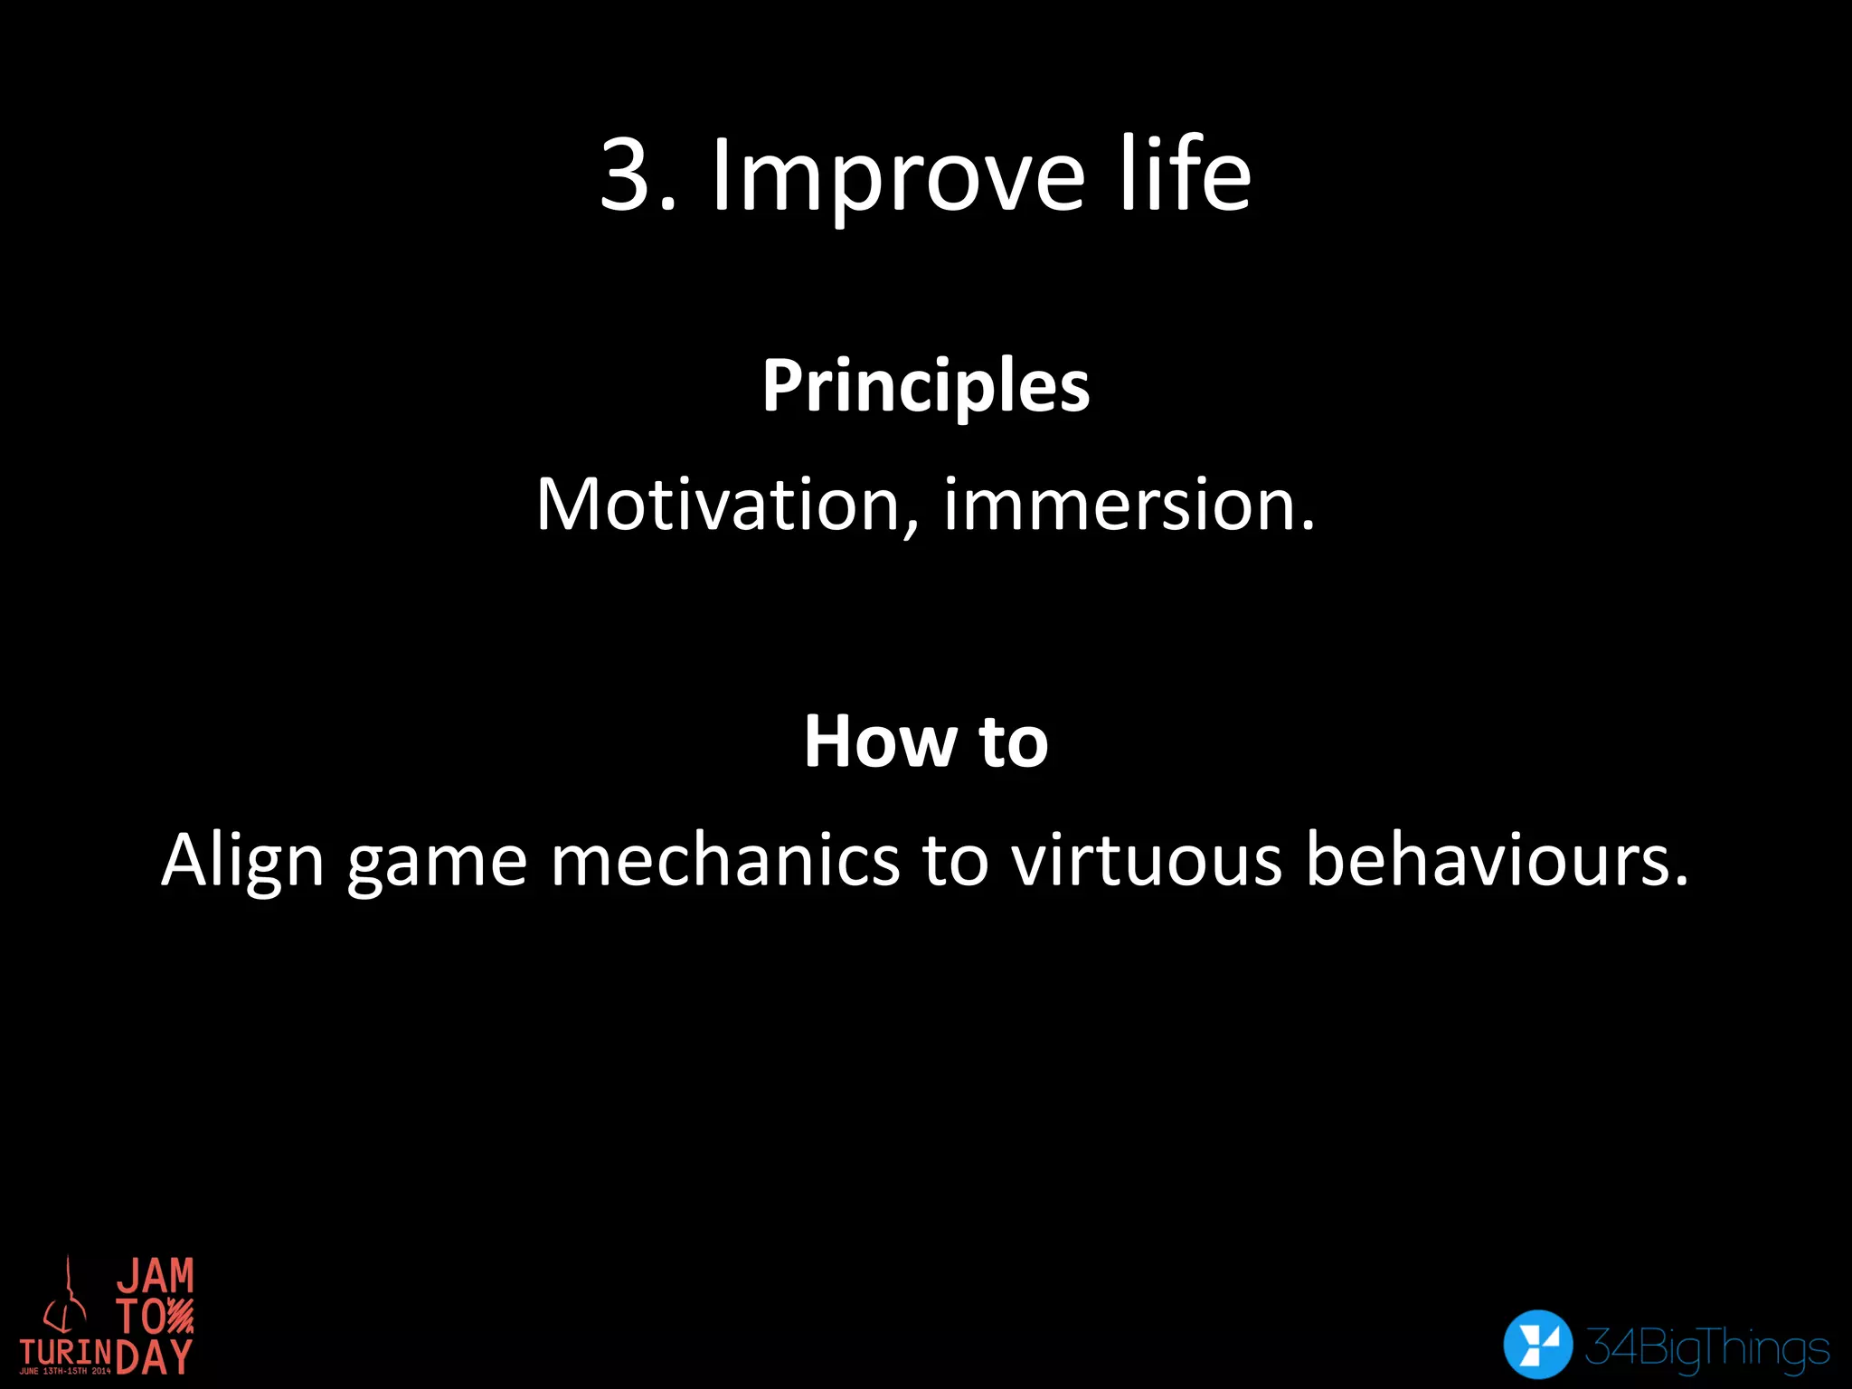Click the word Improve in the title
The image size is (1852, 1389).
coord(898,178)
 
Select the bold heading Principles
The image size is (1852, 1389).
coord(926,388)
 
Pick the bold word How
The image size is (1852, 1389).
coord(877,742)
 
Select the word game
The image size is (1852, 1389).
coord(438,866)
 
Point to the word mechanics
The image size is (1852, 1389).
coord(725,859)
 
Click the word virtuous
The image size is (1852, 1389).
coord(1147,859)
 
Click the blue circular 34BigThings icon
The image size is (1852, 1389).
coord(1537,1344)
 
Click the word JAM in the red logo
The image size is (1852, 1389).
coord(156,1276)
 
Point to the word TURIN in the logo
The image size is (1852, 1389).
coord(66,1352)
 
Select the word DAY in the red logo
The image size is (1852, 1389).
coord(155,1356)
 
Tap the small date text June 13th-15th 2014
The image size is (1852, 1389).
coord(65,1372)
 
